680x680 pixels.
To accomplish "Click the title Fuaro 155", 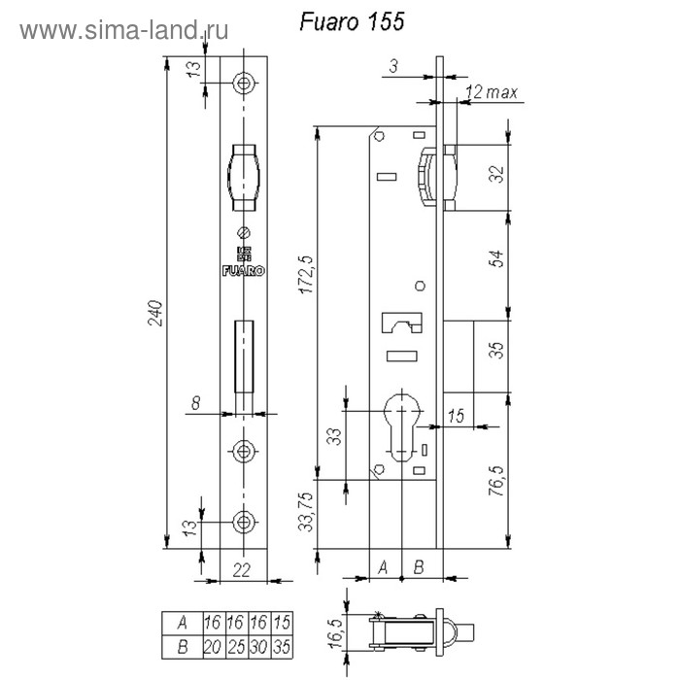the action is pyautogui.click(x=352, y=21).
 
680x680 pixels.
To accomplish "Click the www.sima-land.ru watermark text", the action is pyautogui.click(x=124, y=30).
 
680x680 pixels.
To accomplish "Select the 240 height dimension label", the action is pyautogui.click(x=155, y=313).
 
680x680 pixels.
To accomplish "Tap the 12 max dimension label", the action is pyautogui.click(x=492, y=92).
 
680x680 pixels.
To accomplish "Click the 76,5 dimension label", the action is pyautogui.click(x=497, y=481).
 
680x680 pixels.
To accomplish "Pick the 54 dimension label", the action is pyautogui.click(x=497, y=258).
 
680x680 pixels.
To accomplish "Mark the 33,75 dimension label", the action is pyautogui.click(x=306, y=511).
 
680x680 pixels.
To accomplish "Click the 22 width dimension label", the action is pyautogui.click(x=242, y=570).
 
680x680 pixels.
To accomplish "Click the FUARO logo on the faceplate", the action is pyautogui.click(x=243, y=271).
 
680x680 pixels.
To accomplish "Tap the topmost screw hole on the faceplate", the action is pyautogui.click(x=244, y=83).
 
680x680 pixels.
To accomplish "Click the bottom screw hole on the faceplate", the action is pyautogui.click(x=244, y=522).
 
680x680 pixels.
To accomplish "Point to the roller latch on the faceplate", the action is pyautogui.click(x=244, y=178).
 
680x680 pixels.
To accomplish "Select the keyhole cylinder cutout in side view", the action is pyautogui.click(x=403, y=426).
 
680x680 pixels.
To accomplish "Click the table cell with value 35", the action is pyautogui.click(x=282, y=647).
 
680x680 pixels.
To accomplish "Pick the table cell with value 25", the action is pyautogui.click(x=236, y=647).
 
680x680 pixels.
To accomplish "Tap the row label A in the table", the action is pyautogui.click(x=183, y=624).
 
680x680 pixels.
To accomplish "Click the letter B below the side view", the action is pyautogui.click(x=419, y=566).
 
